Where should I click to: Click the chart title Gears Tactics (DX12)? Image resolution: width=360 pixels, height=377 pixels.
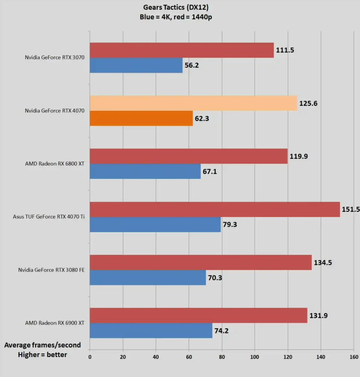pos(176,7)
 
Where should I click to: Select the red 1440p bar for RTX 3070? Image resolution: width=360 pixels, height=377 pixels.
pos(182,50)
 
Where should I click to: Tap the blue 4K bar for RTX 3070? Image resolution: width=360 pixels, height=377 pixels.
pos(136,65)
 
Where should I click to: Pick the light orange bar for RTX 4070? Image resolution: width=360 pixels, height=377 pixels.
pos(193,103)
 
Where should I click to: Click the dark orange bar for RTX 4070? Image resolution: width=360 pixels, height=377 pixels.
pos(141,118)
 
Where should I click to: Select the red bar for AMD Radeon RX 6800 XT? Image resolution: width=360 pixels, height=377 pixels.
pos(189,156)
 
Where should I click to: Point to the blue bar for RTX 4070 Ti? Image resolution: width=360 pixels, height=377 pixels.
pos(155,225)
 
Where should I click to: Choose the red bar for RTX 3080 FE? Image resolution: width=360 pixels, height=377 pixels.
pos(201,263)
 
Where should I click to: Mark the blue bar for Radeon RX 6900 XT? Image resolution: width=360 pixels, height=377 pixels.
pos(151,331)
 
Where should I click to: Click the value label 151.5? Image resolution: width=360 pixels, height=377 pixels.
pos(350,209)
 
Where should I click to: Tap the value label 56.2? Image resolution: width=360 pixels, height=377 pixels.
pos(192,65)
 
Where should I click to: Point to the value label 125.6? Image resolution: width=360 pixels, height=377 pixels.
pos(308,103)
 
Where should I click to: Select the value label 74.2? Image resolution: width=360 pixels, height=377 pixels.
pos(221,331)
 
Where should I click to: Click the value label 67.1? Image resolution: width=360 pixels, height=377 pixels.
pos(210,172)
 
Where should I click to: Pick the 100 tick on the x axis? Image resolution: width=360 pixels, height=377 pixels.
pos(255,357)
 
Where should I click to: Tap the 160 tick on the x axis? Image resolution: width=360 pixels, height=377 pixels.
pos(354,357)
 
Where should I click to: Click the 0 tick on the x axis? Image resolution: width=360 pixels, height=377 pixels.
pos(90,357)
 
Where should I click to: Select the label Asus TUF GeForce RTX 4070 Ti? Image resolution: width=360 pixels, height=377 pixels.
pos(49,217)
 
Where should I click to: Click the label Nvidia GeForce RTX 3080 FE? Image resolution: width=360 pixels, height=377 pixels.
pos(51,270)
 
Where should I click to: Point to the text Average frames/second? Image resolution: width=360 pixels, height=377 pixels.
pos(43,345)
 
